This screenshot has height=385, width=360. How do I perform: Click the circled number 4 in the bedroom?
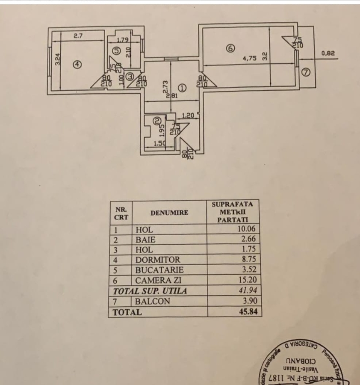77,65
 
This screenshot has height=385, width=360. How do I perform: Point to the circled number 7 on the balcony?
305,72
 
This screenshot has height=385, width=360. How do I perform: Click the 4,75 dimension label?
249,59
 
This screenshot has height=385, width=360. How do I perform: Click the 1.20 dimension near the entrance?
189,115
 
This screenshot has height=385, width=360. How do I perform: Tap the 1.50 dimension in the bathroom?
159,143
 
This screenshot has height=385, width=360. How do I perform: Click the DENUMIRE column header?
169,212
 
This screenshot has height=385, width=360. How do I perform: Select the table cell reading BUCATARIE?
159,270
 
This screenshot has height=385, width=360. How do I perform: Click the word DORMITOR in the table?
158,260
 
